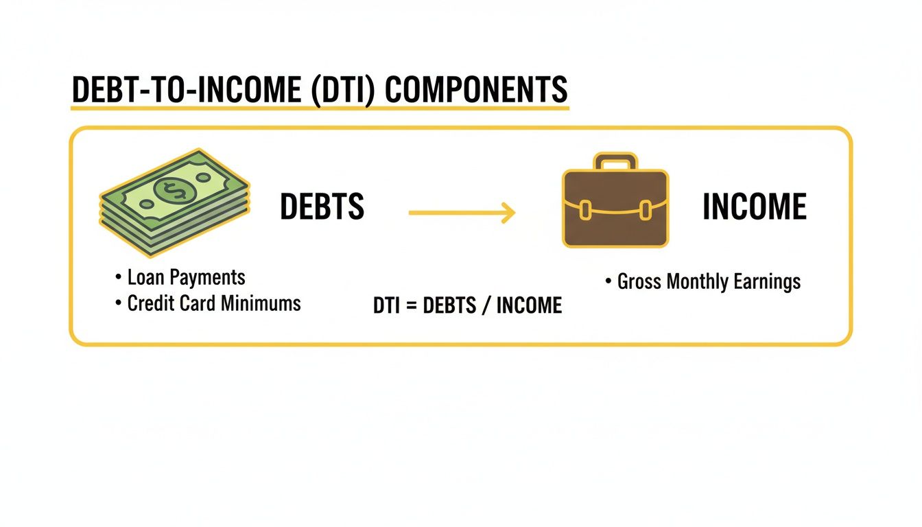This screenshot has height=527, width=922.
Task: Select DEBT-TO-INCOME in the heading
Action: click(185, 90)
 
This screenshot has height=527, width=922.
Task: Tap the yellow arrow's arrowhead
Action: click(508, 213)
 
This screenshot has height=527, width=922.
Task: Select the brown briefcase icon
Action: click(615, 206)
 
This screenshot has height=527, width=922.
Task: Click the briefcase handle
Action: click(615, 163)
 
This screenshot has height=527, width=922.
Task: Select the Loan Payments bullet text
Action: click(186, 277)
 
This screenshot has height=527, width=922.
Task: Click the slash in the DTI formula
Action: click(486, 306)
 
